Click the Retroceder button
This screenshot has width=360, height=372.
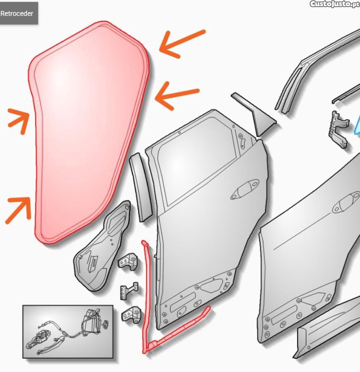[17, 13]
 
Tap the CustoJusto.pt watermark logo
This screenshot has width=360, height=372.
[335, 4]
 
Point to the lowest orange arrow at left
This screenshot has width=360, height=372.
[19, 210]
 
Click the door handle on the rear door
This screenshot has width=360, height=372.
[245, 189]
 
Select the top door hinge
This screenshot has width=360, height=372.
[128, 262]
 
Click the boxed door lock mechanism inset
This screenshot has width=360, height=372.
[68, 331]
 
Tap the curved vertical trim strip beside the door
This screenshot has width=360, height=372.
[141, 187]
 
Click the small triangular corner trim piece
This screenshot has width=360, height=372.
[256, 114]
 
